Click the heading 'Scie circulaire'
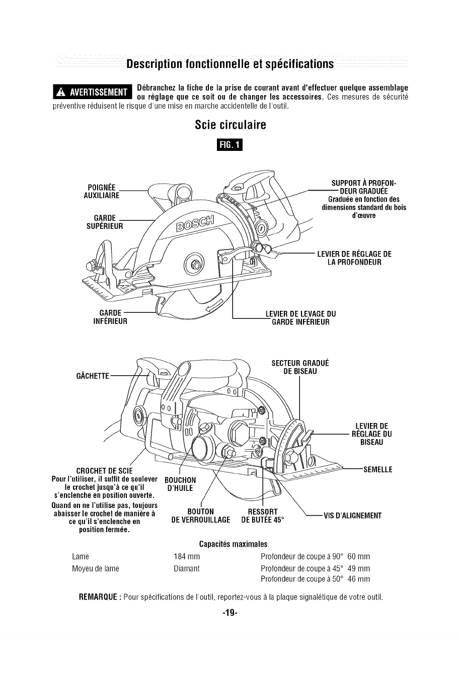coord(229,124)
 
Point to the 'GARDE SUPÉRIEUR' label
coord(105,221)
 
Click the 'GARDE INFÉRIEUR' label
coord(110,317)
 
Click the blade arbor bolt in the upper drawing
coord(193,262)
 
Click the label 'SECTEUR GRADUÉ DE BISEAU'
coord(300,367)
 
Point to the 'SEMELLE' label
coord(377,470)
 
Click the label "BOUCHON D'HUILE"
coord(180,483)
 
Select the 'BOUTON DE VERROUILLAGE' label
coord(201,516)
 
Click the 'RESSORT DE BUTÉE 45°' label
coord(263,516)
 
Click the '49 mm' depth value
coord(359,568)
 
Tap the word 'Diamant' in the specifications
coord(186,568)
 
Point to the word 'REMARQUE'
coord(100,598)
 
